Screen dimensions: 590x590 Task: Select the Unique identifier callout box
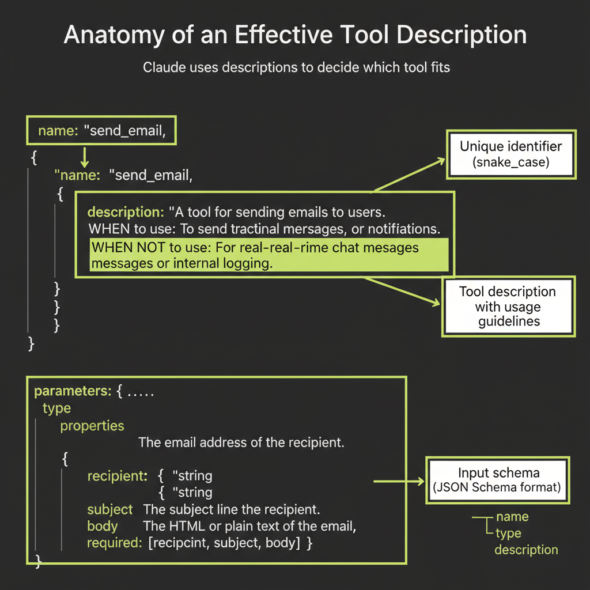510,153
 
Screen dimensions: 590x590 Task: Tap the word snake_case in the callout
511,162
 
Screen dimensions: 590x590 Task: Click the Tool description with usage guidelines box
508,306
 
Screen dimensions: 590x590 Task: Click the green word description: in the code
125,211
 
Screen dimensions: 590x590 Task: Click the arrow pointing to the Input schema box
398,480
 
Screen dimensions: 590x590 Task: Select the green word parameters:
72,391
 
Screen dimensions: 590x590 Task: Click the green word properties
92,426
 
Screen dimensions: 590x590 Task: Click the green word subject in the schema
109,510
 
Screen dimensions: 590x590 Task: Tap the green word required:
114,543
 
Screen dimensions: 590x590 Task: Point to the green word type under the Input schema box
508,533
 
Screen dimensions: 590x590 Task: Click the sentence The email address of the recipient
241,442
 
